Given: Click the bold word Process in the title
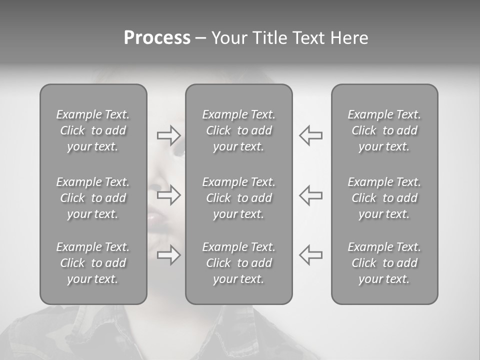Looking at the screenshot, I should pyautogui.click(x=157, y=38).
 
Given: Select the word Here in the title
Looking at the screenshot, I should pyautogui.click(x=348, y=38).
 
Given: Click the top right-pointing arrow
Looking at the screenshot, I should pyautogui.click(x=168, y=135).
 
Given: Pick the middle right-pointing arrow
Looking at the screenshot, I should pyautogui.click(x=168, y=195).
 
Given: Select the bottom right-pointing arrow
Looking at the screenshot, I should pyautogui.click(x=168, y=255).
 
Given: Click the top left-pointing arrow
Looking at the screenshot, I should pyautogui.click(x=310, y=135).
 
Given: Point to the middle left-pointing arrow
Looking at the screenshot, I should pyautogui.click(x=310, y=195).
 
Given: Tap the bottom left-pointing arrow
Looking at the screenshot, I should pyautogui.click(x=310, y=255).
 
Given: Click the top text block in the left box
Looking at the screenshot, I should pyautogui.click(x=93, y=130).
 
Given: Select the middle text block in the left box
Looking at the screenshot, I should pyautogui.click(x=93, y=198).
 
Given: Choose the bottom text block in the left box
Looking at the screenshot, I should pyautogui.click(x=93, y=263).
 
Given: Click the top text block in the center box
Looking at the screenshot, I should pyautogui.click(x=239, y=130).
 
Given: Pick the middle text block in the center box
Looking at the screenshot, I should pyautogui.click(x=239, y=198).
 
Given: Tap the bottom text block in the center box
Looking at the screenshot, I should pyautogui.click(x=239, y=263).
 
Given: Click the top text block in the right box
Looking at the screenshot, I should pyautogui.click(x=384, y=130).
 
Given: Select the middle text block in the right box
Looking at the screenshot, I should pyautogui.click(x=384, y=198).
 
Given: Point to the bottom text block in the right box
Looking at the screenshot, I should pyautogui.click(x=384, y=263).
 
